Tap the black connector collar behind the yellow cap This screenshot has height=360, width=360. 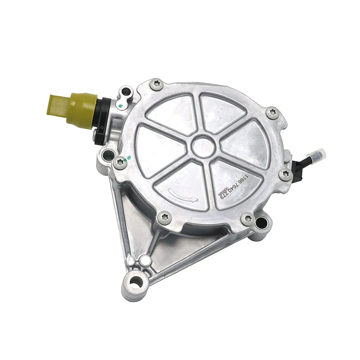pos(101,119)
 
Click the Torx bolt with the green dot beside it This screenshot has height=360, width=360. pos(120,163)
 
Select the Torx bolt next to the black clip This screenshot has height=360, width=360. pos(285,174)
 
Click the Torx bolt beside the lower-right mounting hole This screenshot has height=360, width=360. pos(247,219)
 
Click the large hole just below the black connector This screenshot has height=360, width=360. pos(108,156)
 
